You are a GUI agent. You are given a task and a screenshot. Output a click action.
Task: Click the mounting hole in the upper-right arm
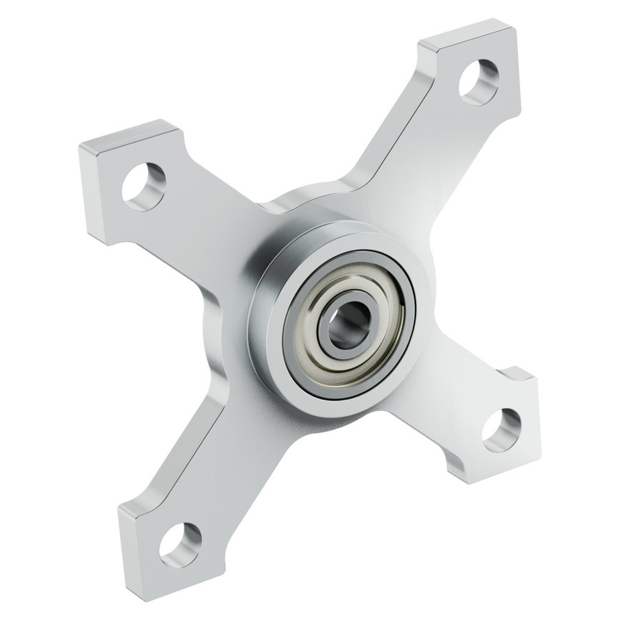click(479, 82)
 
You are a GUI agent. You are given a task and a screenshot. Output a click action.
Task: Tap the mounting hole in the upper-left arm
click(144, 186)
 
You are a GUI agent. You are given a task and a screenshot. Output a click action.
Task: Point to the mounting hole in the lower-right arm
click(502, 430)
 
